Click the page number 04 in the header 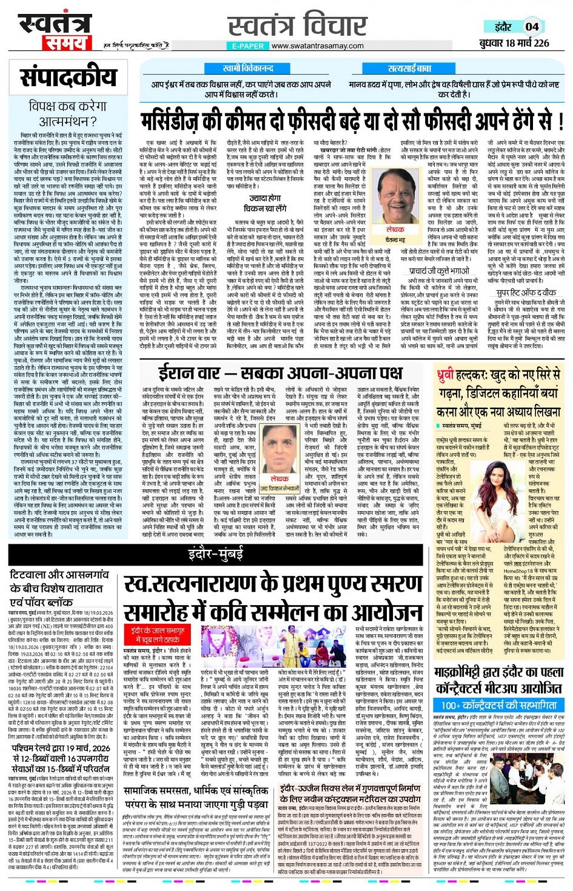coord(532,26)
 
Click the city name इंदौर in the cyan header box coord(503,27)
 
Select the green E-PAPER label coord(248,46)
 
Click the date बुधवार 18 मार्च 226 coord(514,43)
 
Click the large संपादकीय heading coord(68,78)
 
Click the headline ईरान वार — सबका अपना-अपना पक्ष coord(280,372)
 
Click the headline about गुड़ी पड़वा coord(195,798)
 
